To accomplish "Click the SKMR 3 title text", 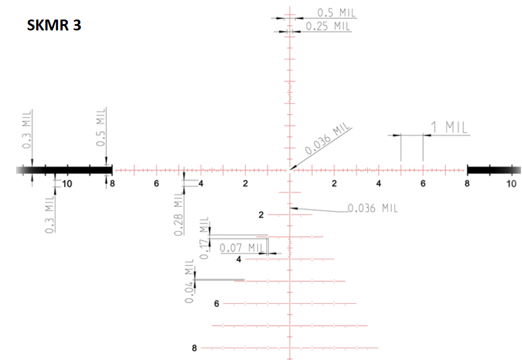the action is point(54,25).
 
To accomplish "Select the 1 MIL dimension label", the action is point(449,127).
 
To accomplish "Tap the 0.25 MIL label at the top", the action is point(328,26).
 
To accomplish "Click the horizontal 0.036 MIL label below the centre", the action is point(373,208).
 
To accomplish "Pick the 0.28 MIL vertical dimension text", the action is point(179,213).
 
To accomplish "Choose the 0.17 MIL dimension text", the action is point(204,238).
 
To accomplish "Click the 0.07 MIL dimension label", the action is point(242,247).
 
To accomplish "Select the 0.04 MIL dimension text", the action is point(189,281).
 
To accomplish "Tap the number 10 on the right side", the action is point(511,184).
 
